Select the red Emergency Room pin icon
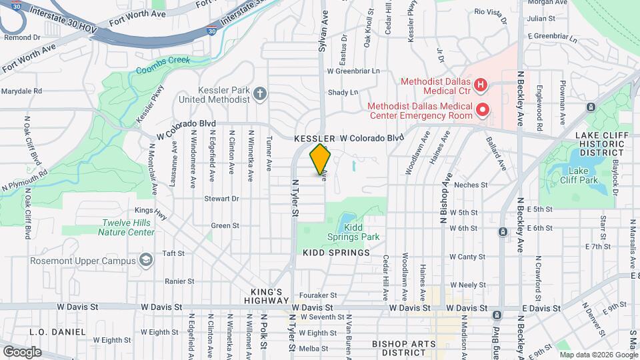[483, 109]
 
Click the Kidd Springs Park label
[353, 231]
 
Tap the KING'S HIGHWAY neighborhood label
[272, 297]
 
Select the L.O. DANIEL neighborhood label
[58, 331]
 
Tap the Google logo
[22, 351]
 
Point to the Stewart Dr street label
[221, 199]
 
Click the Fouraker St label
[319, 295]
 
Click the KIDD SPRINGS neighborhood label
[336, 253]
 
